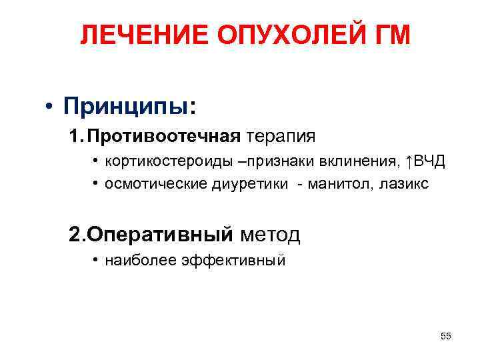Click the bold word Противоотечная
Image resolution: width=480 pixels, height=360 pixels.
pos(163,137)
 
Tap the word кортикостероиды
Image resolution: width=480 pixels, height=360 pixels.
pos(155,162)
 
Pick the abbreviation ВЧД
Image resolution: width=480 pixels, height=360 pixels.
pos(430,162)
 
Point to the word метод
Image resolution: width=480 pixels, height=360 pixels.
pos(270,234)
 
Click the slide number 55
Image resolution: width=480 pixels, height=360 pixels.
pos(446,336)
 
